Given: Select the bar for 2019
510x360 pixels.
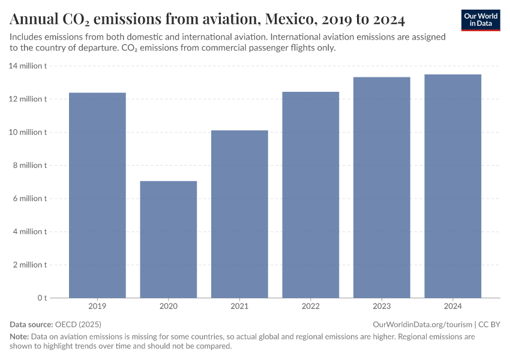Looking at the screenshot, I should (x=97, y=195).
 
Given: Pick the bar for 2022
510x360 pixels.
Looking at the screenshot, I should (x=311, y=194).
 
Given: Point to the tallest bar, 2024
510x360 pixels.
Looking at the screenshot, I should (x=452, y=186).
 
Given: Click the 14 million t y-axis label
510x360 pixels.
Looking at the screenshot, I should (x=28, y=66).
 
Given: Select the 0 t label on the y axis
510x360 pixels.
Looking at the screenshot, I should (x=42, y=298).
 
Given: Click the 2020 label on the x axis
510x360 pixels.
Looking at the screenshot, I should (x=169, y=307).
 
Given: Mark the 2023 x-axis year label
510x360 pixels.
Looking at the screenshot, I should (x=382, y=307).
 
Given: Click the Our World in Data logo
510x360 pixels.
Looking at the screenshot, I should (x=481, y=20).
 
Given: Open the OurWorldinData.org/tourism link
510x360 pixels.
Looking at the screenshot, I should (x=422, y=324).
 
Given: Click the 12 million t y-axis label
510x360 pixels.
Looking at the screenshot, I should (x=28, y=99).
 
